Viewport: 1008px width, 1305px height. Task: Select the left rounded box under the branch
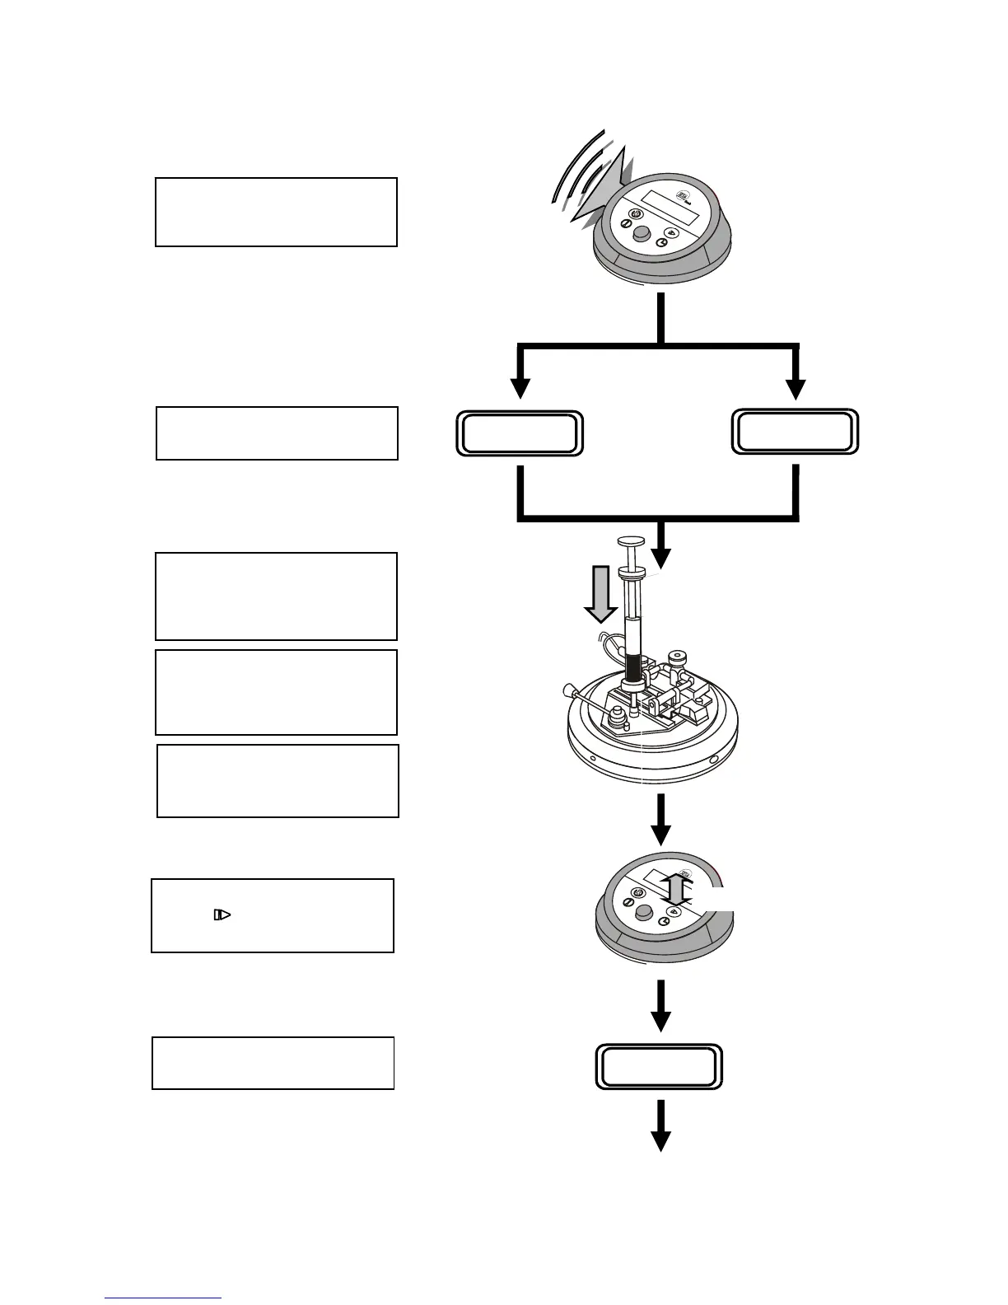[x=520, y=434]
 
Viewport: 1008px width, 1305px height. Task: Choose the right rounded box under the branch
[x=795, y=432]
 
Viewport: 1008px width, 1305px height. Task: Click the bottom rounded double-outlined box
[x=659, y=1067]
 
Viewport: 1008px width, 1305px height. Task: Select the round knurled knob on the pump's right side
[x=678, y=658]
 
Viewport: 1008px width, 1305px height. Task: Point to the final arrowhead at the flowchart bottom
[x=660, y=1140]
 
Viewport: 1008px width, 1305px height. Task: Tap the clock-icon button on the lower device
[x=662, y=924]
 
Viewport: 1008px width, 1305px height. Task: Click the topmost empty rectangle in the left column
[x=277, y=212]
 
